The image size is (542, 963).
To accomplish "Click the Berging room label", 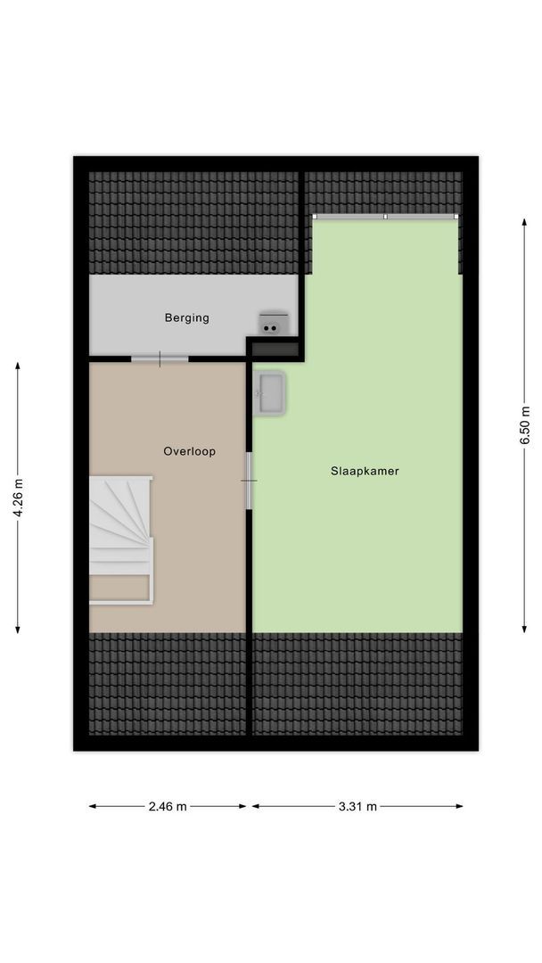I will tap(186, 317).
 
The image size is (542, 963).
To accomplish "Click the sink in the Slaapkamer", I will tap(270, 393).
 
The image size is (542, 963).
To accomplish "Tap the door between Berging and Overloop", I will tap(160, 358).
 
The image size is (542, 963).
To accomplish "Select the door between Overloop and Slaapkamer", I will tap(249, 481).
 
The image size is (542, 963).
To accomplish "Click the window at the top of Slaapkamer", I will tap(385, 216).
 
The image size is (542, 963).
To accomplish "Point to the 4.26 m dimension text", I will tap(18, 500).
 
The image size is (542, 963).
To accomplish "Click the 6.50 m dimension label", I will tap(526, 423).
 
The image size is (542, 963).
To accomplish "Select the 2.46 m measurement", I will tap(168, 807).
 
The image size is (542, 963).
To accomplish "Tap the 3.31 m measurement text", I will tap(357, 807).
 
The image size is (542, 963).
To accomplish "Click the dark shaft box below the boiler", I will tap(275, 349).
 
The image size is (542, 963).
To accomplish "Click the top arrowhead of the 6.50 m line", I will tap(525, 220).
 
